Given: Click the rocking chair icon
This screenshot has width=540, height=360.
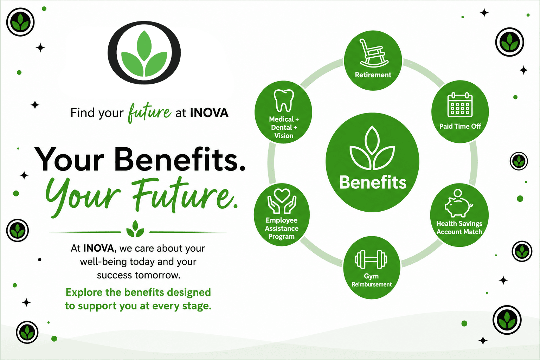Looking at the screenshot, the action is coord(373,53).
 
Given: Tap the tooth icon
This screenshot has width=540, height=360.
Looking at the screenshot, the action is coord(284,101).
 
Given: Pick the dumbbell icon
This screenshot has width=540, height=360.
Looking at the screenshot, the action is coord(371,259).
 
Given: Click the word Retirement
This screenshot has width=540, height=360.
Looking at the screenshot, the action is coord(373,75).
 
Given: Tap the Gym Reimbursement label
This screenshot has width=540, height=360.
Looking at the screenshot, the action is coord(372,280).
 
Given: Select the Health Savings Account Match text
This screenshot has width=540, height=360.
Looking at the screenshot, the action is coord(459,227).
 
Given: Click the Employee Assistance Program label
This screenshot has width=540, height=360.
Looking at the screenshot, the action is coord(282,229).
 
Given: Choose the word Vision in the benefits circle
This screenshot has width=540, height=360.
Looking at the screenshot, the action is coord(284,136).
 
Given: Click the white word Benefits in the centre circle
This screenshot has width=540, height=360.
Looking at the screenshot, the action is coord(373,182).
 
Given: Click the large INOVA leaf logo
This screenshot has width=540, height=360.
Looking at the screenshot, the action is coord(144,53).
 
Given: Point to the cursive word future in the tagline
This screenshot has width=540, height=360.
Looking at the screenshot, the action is coord(149,113).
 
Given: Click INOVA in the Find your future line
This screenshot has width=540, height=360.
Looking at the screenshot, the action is coord(209,113).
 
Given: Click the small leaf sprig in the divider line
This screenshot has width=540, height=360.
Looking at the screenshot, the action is coord(135,229).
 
